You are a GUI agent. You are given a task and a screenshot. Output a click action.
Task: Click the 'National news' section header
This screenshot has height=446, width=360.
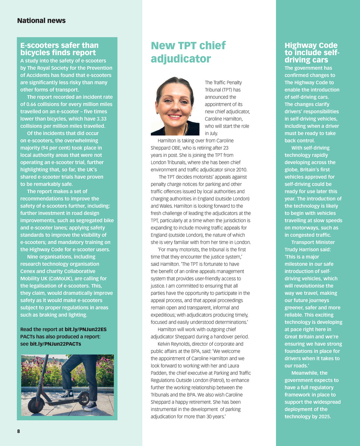[x=41, y=21]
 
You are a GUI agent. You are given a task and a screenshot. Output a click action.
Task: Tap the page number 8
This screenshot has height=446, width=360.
[x=19, y=431]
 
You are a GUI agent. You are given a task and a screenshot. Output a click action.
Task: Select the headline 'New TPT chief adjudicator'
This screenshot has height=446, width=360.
[x=188, y=52]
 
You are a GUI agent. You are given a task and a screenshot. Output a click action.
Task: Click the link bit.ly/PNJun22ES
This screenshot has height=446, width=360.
[x=85, y=330]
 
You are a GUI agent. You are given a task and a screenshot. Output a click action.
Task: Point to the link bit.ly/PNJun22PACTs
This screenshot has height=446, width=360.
[x=55, y=344]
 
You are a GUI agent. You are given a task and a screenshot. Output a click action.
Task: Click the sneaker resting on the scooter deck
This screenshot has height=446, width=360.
[x=66, y=395]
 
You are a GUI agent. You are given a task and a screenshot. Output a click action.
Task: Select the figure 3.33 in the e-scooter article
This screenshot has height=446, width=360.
[x=101, y=119]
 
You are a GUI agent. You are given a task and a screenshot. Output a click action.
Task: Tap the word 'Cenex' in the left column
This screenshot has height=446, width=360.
[x=27, y=272]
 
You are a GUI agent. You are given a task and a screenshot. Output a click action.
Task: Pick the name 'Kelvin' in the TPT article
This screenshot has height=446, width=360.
[x=165, y=344]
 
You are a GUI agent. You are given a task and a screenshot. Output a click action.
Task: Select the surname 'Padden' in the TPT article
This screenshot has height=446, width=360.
[x=159, y=373]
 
